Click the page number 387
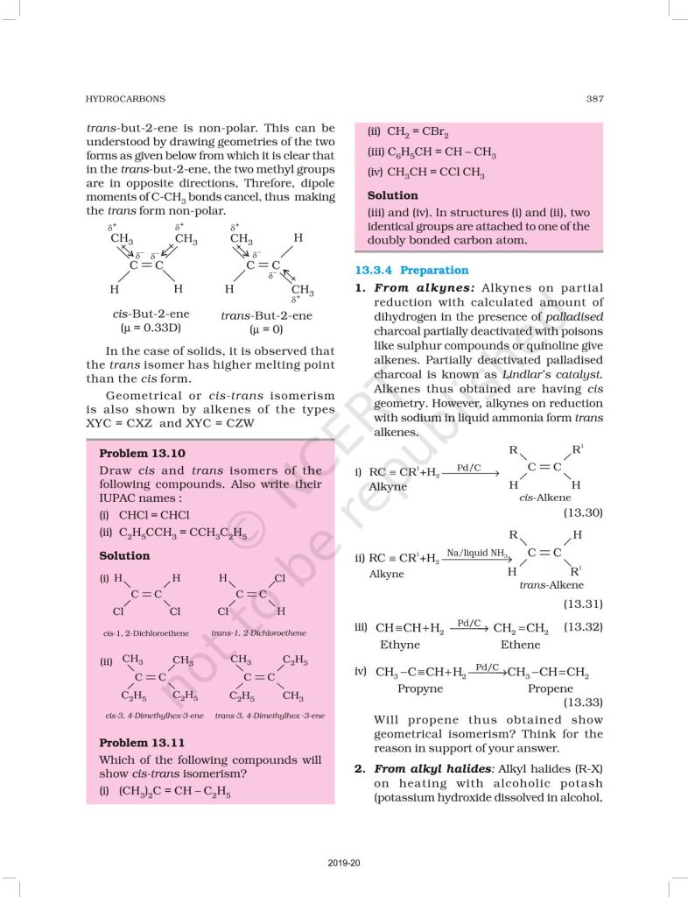[594, 99]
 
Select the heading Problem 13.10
[142, 454]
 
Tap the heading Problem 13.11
[142, 743]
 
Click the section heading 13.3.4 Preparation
[411, 271]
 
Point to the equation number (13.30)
[582, 512]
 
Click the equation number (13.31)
[582, 604]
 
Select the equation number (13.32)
[582, 626]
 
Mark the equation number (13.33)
[582, 702]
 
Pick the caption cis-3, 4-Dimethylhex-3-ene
[154, 716]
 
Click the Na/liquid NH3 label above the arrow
[478, 552]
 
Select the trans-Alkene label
[551, 585]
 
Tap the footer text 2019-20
[344, 864]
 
